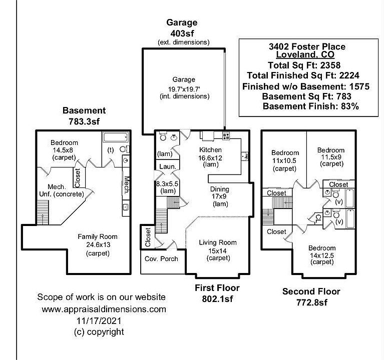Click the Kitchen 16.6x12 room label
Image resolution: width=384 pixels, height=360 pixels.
211,157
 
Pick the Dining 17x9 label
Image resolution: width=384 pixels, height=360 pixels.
220,196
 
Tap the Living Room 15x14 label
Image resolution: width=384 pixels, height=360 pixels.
218,250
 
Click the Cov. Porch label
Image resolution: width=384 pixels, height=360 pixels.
161,258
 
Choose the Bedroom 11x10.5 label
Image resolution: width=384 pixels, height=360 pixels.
285,160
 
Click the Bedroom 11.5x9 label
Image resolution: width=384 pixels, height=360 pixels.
330,156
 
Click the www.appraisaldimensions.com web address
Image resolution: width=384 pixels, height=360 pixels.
104,309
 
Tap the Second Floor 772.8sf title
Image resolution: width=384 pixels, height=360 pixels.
311,296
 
